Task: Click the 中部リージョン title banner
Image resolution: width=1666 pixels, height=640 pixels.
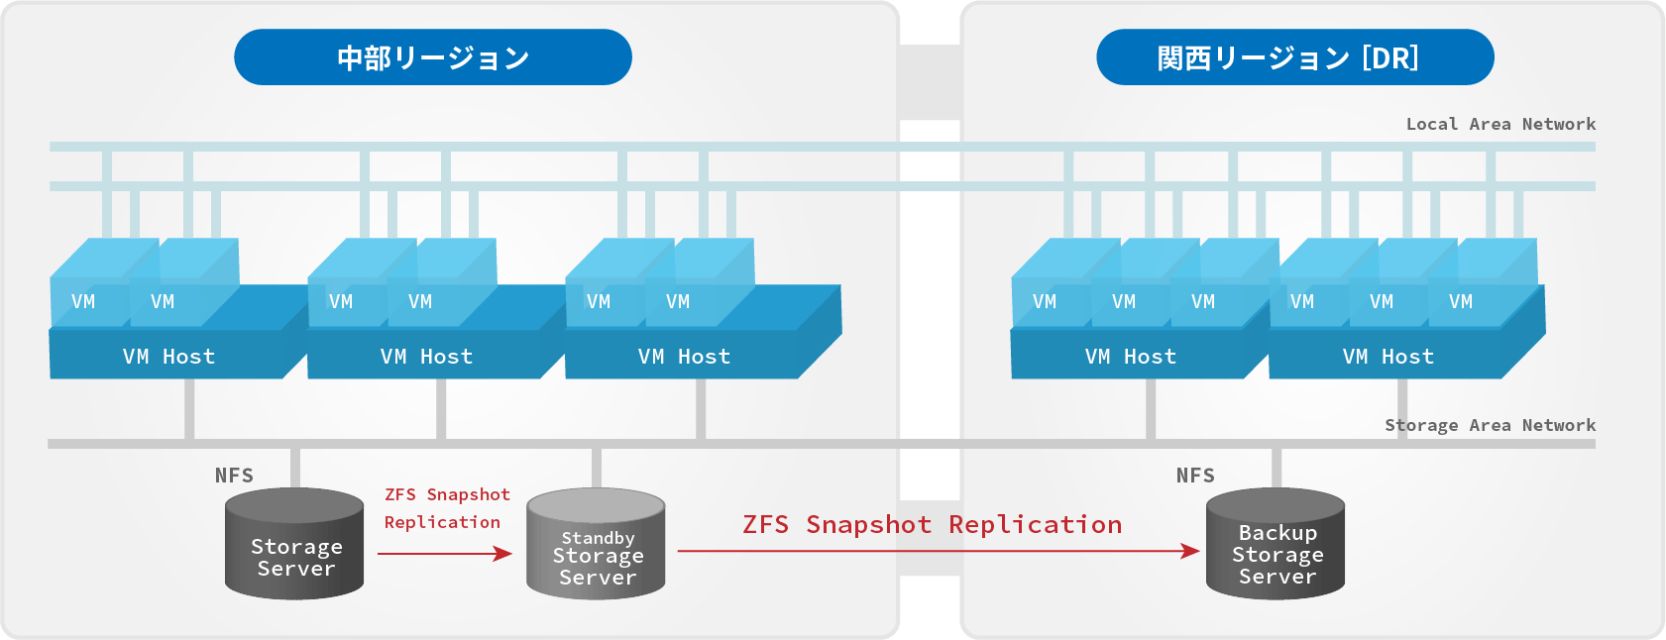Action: click(x=433, y=57)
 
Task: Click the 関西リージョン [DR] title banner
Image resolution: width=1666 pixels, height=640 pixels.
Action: click(x=1294, y=57)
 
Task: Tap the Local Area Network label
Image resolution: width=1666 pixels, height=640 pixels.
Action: click(x=1500, y=124)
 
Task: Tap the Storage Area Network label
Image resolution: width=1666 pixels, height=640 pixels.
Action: click(x=1490, y=425)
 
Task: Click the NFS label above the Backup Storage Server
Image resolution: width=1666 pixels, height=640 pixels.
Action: click(x=1195, y=476)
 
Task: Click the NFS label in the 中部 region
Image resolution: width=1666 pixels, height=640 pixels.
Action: click(x=234, y=476)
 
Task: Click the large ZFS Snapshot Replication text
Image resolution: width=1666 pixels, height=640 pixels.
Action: click(x=932, y=524)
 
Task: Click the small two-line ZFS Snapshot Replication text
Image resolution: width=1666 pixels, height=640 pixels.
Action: click(x=446, y=508)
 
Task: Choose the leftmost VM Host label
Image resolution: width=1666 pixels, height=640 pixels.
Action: click(x=168, y=357)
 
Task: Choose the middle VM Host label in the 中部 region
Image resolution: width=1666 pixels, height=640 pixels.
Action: click(x=426, y=357)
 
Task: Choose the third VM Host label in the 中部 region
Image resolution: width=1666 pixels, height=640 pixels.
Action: click(x=684, y=357)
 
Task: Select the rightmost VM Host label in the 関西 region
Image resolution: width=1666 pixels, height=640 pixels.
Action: click(x=1388, y=357)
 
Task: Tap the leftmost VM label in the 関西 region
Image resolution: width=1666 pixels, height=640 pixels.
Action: click(x=1045, y=302)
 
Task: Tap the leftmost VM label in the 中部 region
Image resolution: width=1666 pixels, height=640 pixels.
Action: click(x=83, y=302)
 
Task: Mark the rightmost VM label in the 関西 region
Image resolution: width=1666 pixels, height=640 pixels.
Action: click(x=1461, y=302)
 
